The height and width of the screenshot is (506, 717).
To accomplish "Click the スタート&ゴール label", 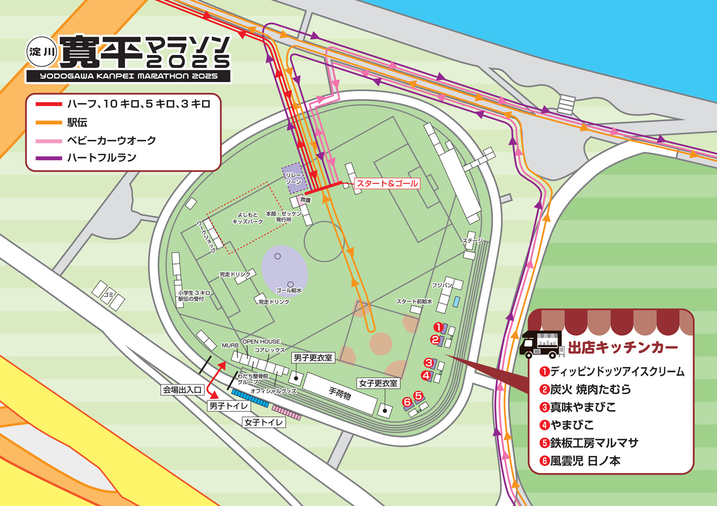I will [x=387, y=183].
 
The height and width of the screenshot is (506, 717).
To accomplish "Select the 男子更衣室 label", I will [x=313, y=358].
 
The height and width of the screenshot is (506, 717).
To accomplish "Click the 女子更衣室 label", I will [x=378, y=383].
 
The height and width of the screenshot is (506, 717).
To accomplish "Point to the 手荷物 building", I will [x=340, y=393].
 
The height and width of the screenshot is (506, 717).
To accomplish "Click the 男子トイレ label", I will [x=228, y=406].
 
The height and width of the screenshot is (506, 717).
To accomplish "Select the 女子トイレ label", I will [x=264, y=422].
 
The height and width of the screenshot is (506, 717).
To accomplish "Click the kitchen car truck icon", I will [x=541, y=344].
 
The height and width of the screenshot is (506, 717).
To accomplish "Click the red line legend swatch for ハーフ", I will [x=48, y=104].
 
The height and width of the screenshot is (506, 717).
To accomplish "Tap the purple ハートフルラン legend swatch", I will [x=48, y=158].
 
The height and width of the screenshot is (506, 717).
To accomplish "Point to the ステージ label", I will [x=472, y=241].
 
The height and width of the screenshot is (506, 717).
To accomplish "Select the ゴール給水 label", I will [x=289, y=290].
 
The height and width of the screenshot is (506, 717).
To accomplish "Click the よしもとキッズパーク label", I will [x=247, y=218].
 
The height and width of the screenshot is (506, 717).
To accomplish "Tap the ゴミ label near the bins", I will [x=109, y=295].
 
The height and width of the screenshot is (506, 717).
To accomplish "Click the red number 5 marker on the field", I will [x=418, y=396].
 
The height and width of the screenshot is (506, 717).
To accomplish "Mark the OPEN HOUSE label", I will [x=261, y=341].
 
